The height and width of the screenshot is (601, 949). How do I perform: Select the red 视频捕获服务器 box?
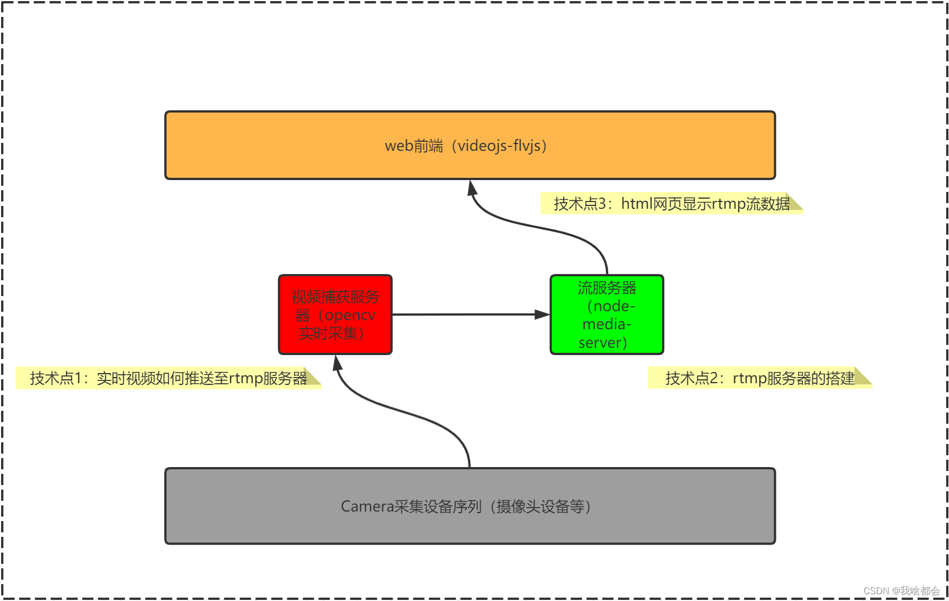335,315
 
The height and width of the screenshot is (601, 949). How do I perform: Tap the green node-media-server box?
607,315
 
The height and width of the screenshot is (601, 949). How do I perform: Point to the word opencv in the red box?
350,315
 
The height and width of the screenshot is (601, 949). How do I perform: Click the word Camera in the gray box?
367,506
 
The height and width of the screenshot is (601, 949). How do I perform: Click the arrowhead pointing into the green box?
542,315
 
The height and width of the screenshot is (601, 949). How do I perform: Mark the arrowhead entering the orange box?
473,187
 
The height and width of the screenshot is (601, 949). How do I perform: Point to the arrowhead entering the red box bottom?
337,363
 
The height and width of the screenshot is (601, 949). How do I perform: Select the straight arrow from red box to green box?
467,315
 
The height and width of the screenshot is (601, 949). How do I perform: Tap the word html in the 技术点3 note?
636,204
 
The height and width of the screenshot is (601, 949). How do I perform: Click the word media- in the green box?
606,324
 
